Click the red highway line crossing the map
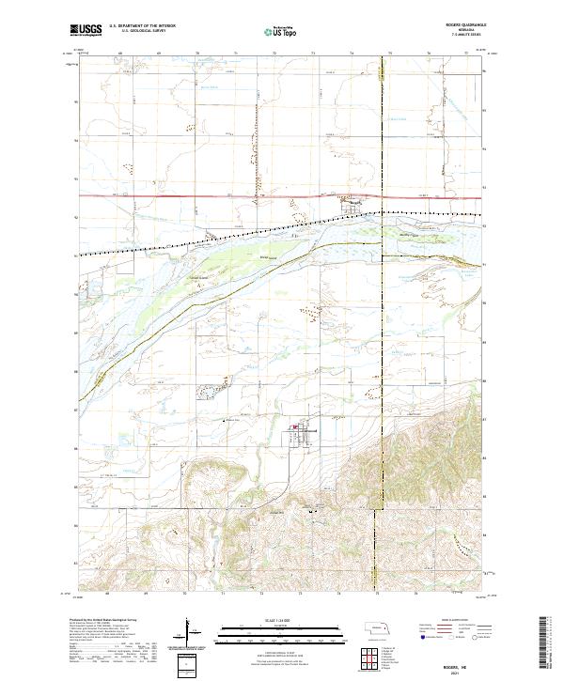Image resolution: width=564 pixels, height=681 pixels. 235,196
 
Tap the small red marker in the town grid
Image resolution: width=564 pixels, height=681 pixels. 293,432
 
